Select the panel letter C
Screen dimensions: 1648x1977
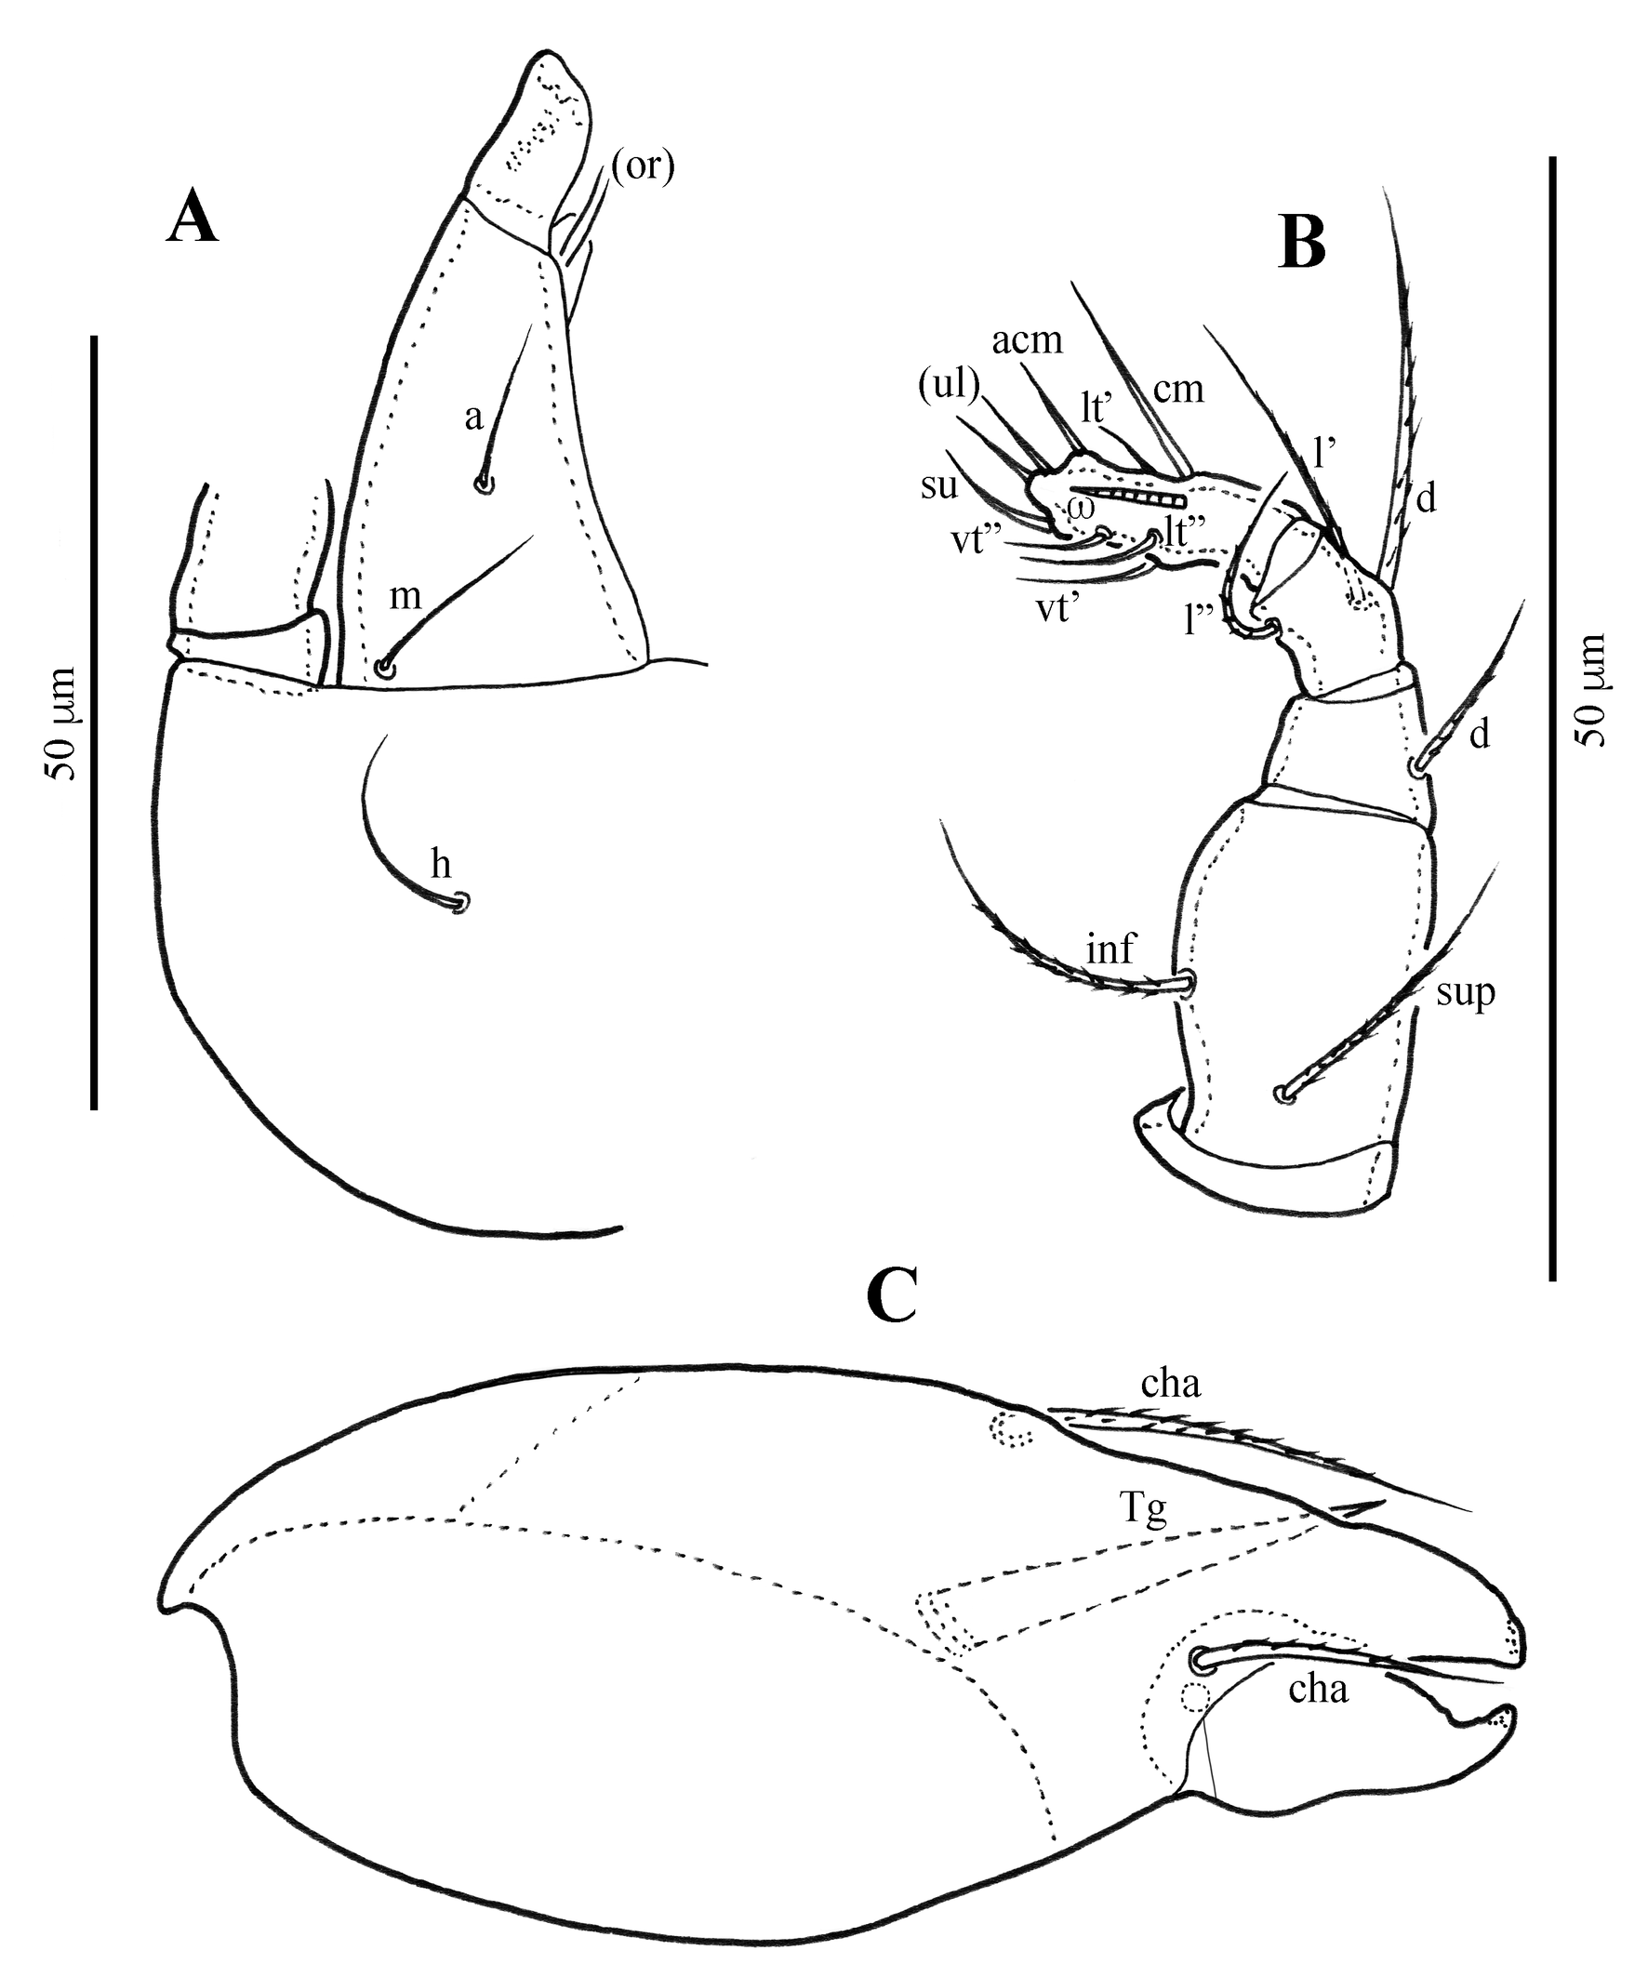pos(893,1298)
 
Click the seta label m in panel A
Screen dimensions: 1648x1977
pos(405,596)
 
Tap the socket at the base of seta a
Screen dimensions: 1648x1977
pos(484,484)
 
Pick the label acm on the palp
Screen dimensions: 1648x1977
pos(1028,339)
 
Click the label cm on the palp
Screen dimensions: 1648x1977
pos(1179,389)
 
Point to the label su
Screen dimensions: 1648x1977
pos(940,486)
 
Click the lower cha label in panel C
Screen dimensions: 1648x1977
pos(1319,1689)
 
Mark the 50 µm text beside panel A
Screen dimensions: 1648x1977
pos(61,724)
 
